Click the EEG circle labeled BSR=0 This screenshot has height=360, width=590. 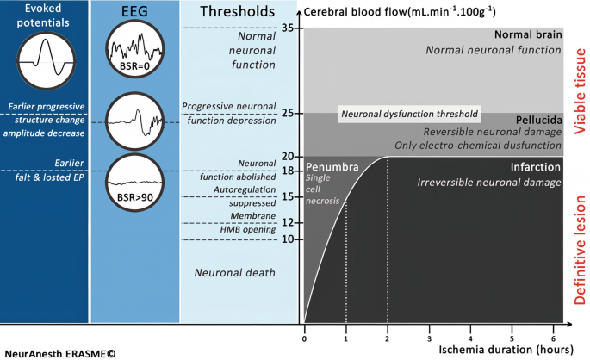(134, 50)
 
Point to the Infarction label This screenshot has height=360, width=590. (536, 166)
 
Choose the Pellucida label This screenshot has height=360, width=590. (539, 119)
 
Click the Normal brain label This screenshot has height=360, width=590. (528, 35)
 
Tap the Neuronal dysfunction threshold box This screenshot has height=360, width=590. (409, 115)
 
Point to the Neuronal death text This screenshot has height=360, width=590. (233, 273)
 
